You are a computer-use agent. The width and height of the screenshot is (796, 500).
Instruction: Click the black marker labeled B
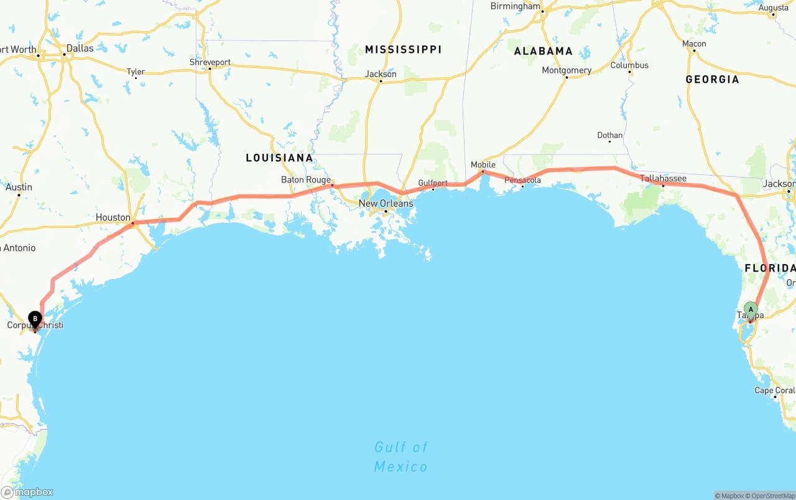tap(35, 319)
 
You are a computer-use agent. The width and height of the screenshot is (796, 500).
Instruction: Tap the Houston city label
tap(113, 217)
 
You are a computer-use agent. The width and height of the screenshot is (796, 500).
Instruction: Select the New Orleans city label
tap(386, 204)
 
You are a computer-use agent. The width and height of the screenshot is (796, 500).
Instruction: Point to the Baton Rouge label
tap(306, 180)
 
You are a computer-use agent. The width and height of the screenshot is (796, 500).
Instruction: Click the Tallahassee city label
tap(664, 179)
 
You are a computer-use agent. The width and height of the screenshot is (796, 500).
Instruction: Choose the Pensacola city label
tap(522, 181)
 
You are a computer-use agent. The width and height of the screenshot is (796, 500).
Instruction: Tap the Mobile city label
tap(483, 165)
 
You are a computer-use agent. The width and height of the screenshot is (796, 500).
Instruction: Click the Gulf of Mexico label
tap(401, 456)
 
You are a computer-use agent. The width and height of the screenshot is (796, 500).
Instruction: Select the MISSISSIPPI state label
tap(403, 49)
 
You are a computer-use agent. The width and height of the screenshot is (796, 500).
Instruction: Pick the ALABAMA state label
tap(543, 51)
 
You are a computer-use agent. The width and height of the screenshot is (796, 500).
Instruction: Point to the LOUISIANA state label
tap(279, 158)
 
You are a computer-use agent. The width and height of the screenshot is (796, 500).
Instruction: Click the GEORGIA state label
tap(712, 79)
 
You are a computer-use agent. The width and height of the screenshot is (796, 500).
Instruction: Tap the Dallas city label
tap(80, 48)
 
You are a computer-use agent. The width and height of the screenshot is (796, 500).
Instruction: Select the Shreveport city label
tap(210, 62)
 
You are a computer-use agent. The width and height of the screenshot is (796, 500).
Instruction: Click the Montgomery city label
tap(567, 70)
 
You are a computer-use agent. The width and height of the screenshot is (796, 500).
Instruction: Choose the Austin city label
tap(19, 187)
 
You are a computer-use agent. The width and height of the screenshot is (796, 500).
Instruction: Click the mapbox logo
tap(27, 492)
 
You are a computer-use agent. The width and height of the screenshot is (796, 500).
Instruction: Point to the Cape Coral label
tap(774, 390)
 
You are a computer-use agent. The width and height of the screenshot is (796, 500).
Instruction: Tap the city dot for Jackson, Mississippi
tap(380, 82)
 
